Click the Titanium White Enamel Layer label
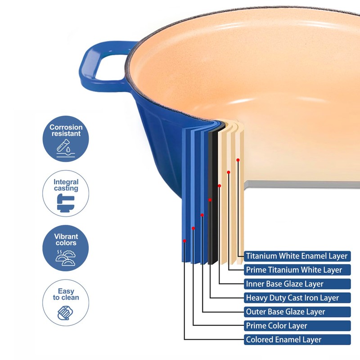click(x=297, y=256)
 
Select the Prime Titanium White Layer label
click(x=297, y=270)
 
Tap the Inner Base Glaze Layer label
click(x=297, y=284)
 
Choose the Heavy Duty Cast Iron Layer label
click(x=297, y=297)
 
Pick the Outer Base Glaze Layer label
click(x=297, y=311)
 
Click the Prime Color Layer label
click(x=297, y=325)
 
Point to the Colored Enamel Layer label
click(x=297, y=339)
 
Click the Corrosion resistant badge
click(x=66, y=139)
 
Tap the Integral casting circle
click(x=66, y=193)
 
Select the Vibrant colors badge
click(x=66, y=248)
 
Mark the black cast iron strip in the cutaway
click(x=213, y=198)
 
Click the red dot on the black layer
click(x=210, y=199)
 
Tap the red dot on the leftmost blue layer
click(x=184, y=241)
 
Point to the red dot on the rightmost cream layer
click(x=238, y=160)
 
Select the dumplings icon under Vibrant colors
click(x=65, y=257)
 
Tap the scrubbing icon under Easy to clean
click(x=65, y=312)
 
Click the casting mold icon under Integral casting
click(x=65, y=205)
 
